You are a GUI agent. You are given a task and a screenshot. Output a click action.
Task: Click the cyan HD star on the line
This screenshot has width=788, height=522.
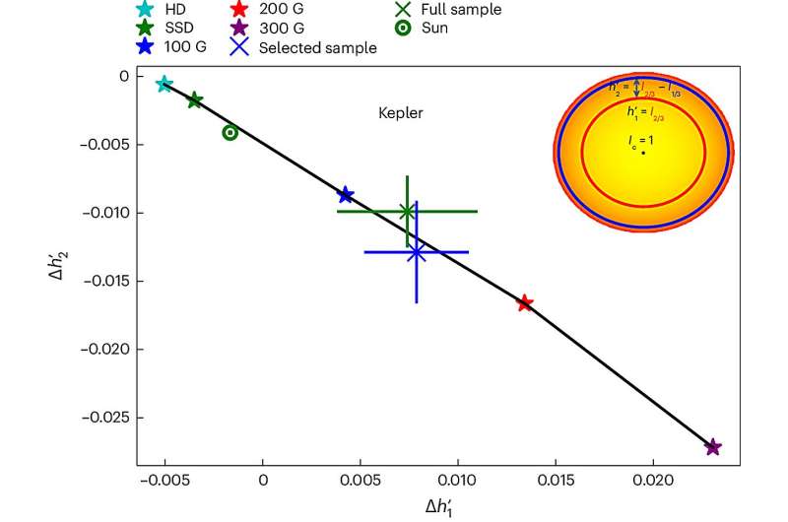pyautogui.click(x=164, y=84)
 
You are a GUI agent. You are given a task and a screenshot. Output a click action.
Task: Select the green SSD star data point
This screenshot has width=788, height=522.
pyautogui.click(x=195, y=99)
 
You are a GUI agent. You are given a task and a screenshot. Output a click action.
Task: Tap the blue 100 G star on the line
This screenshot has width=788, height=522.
pyautogui.click(x=345, y=195)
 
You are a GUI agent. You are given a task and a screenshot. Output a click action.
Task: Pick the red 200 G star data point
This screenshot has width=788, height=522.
pyautogui.click(x=525, y=302)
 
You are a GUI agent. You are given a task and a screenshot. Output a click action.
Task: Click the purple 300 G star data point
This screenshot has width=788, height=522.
pyautogui.click(x=713, y=447)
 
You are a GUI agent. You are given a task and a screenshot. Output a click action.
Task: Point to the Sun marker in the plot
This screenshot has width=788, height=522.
pyautogui.click(x=230, y=132)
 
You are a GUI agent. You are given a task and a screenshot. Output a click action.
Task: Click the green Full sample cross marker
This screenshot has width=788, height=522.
pyautogui.click(x=407, y=211)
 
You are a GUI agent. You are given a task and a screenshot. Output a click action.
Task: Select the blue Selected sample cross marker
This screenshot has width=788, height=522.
pyautogui.click(x=417, y=252)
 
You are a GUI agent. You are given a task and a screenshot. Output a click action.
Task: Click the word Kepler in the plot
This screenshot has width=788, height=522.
pyautogui.click(x=401, y=113)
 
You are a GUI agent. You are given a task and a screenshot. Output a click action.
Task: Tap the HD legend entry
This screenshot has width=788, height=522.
pyautogui.click(x=165, y=9)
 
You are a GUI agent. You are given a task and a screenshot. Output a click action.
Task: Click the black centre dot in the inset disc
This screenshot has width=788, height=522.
pyautogui.click(x=642, y=153)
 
